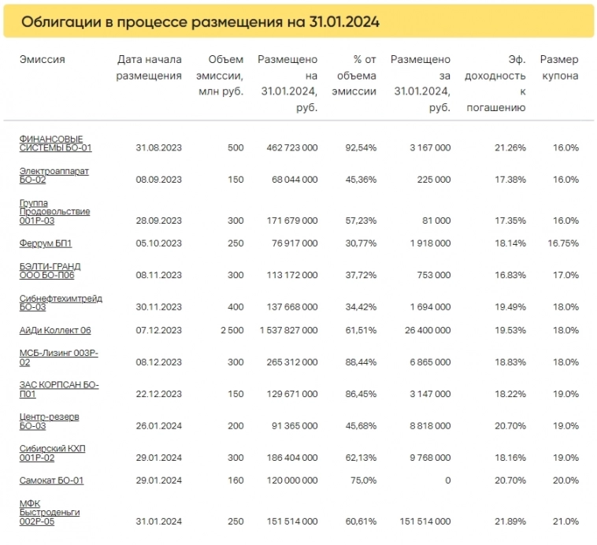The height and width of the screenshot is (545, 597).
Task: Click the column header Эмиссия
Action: [x=43, y=60]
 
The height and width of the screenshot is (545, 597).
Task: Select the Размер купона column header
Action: [x=558, y=68]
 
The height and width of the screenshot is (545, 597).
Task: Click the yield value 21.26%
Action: [x=509, y=147]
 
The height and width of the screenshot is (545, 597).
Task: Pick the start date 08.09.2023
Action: [x=158, y=180]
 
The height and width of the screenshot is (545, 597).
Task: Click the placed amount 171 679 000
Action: [x=288, y=221]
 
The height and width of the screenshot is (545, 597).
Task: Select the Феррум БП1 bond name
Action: [x=46, y=243]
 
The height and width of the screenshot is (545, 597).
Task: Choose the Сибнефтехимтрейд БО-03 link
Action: [x=61, y=302]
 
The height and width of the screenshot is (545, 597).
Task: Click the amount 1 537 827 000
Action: [x=288, y=330]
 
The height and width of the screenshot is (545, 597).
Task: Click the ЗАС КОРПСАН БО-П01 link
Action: [x=59, y=389]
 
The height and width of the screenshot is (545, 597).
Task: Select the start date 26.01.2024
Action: [x=158, y=425]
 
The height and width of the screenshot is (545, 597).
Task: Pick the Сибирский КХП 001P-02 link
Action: [x=53, y=452]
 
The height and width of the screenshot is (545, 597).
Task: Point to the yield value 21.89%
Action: [x=509, y=521]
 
